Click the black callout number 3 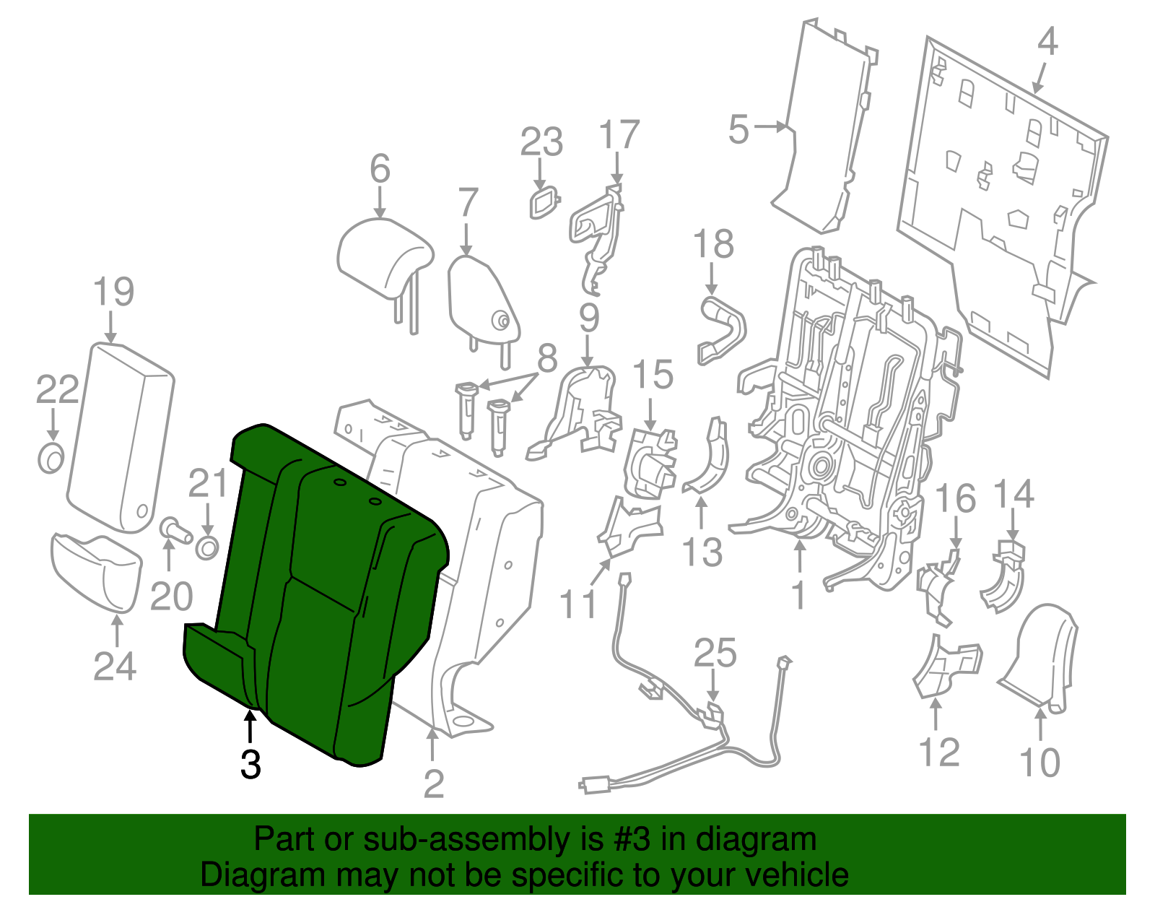(251, 764)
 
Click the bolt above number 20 (175, 530)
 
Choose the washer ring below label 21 (207, 547)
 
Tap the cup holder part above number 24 (96, 571)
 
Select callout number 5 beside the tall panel (738, 129)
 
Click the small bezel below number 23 (544, 203)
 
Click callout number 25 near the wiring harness (715, 653)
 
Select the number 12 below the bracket (939, 752)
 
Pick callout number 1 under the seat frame (799, 594)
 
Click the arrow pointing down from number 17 (617, 168)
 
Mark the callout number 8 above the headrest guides (547, 358)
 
